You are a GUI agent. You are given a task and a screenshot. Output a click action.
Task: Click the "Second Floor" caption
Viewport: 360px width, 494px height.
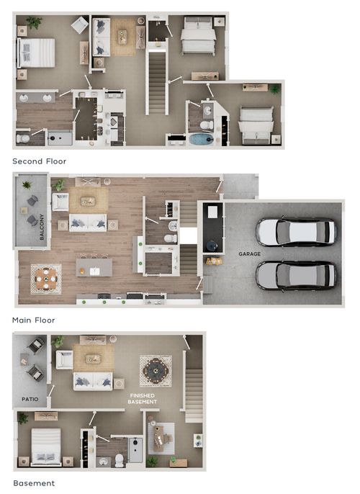40,161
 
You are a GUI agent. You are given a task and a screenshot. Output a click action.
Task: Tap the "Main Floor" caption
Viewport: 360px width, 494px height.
33,320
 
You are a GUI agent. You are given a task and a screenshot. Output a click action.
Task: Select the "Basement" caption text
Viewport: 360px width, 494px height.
34,483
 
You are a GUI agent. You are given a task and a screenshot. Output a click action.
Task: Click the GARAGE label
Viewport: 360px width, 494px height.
249,253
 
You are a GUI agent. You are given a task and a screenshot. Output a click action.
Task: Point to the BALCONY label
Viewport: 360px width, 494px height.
42,227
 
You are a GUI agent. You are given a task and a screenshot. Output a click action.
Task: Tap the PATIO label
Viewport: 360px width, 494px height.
30,399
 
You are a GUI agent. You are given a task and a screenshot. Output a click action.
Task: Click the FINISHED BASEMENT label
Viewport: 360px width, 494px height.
143,398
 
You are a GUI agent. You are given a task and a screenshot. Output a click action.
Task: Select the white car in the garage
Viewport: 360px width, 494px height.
296,232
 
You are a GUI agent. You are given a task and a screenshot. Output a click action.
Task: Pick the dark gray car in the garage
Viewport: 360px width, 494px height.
296,275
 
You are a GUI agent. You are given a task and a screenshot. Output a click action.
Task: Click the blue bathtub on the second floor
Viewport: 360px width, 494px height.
202,139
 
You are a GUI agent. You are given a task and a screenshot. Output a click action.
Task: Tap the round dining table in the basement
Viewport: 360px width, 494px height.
156,371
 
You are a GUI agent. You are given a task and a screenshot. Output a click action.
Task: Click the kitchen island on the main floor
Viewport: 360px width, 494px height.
94,267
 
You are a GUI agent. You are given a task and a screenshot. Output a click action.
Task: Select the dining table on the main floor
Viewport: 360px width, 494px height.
46,279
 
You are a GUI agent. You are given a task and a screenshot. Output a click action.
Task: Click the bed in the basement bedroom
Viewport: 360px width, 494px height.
46,446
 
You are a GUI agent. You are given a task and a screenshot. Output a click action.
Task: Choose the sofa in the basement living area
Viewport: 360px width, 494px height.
93,381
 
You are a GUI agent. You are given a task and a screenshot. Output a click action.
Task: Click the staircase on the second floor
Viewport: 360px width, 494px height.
157,83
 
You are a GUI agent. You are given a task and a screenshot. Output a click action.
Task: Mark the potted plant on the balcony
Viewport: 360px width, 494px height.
27,184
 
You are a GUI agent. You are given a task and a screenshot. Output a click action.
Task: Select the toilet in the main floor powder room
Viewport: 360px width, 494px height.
171,238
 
